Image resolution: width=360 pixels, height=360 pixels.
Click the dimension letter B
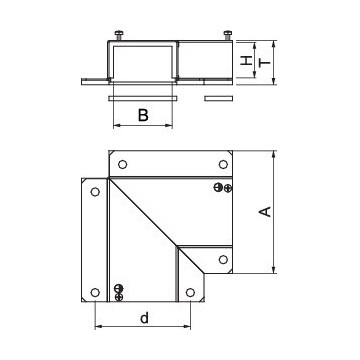point(143,115)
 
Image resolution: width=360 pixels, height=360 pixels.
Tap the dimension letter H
point(247,60)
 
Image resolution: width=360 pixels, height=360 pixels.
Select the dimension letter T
point(265,62)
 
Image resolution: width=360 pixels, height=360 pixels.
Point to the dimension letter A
point(265,212)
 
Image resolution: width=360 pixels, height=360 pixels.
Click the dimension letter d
point(144,318)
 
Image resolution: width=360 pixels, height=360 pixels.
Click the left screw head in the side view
point(119,35)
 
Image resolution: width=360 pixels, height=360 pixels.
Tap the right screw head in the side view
point(228,35)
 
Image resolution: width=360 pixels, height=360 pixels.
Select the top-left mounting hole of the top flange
point(122,164)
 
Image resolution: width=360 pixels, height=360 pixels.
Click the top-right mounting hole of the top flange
point(223,164)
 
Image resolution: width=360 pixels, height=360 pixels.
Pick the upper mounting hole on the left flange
point(95,192)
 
